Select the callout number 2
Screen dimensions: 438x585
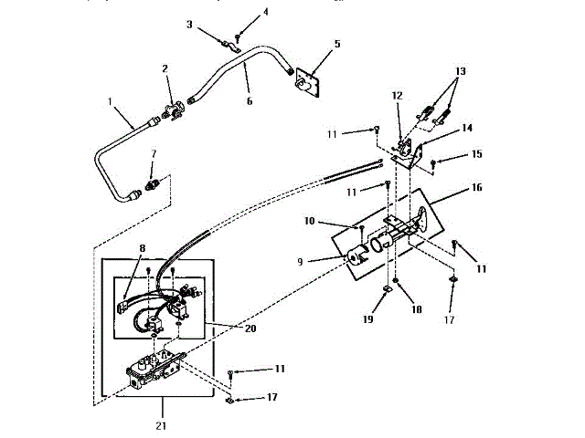pos(165,68)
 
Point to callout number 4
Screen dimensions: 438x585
pos(240,12)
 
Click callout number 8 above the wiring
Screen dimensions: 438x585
pos(142,247)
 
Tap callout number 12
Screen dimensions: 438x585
pos(397,95)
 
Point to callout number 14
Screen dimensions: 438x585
pos(441,129)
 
